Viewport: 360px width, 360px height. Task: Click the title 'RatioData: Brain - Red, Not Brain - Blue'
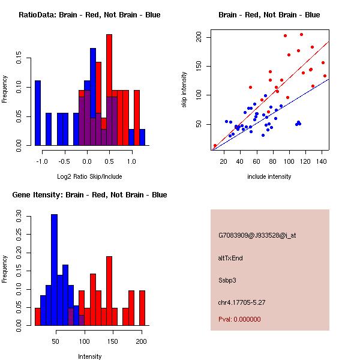(89, 15)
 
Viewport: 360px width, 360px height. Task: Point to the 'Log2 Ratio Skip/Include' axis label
(90, 176)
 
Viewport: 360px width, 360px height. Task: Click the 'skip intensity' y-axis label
(184, 90)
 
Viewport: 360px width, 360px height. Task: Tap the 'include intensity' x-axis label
(269, 176)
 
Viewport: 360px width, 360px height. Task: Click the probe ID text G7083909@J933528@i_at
(257, 235)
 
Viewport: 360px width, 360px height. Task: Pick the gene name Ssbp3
(228, 280)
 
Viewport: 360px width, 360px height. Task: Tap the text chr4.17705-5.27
(242, 302)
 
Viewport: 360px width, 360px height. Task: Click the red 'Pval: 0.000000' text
(240, 319)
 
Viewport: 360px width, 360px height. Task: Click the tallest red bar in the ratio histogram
(109, 90)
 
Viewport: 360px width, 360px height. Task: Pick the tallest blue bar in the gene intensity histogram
(54, 270)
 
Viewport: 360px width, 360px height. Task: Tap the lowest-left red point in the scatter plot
(215, 146)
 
